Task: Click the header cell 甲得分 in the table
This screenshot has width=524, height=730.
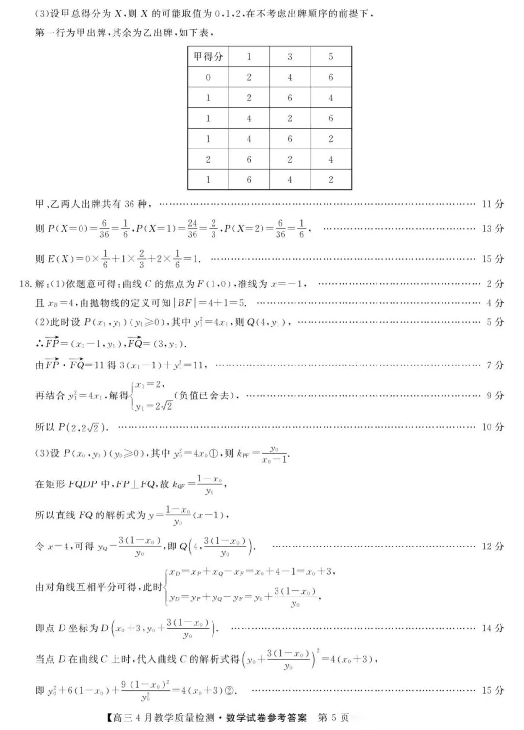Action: [208, 57]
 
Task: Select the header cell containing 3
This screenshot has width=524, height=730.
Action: [290, 57]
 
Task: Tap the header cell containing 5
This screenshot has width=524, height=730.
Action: [331, 57]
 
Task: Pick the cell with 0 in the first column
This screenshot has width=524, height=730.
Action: [208, 77]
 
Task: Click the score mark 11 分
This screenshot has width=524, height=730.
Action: [492, 204]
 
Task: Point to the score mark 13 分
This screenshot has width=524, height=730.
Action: [492, 229]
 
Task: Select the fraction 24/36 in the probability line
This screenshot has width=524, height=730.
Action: [192, 229]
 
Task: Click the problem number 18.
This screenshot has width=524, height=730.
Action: [25, 284]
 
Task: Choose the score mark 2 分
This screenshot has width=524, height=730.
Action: [495, 284]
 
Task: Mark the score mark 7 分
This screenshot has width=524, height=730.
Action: [495, 365]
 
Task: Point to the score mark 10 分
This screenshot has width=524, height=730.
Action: [492, 427]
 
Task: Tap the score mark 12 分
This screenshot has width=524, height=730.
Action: [492, 547]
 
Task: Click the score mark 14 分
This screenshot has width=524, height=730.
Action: [492, 628]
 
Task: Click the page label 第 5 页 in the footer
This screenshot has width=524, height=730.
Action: [333, 718]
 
